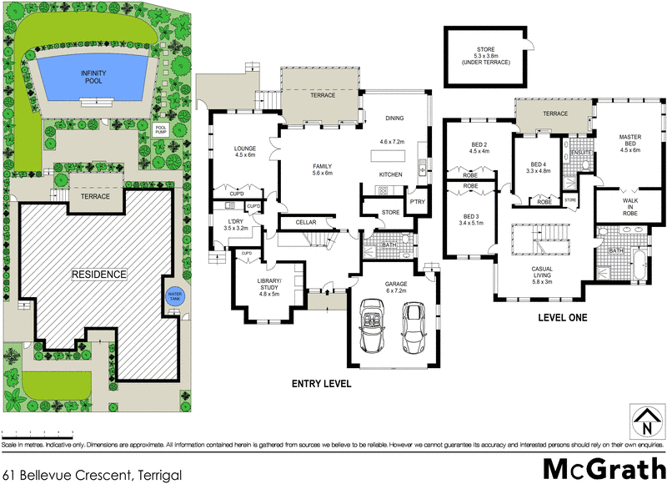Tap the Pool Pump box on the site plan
pos(162,131)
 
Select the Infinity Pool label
pos(93,78)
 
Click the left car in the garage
pos(373,327)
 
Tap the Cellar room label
pos(306,223)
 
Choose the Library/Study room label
pos(270,285)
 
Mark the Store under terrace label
pos(486,56)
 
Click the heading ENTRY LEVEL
pos(321,384)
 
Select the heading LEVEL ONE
pos(563,317)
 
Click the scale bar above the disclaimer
pos(38,433)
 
